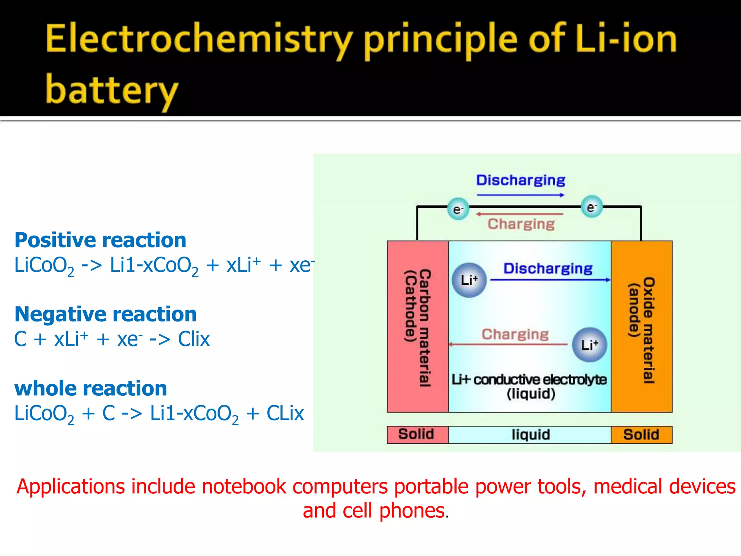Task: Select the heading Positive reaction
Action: [100, 240]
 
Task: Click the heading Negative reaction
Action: [105, 314]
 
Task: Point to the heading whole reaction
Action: [90, 388]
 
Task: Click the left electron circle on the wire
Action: [458, 209]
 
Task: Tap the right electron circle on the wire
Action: [591, 207]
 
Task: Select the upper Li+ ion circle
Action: [469, 280]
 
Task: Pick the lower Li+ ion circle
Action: [589, 345]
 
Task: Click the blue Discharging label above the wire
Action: [520, 180]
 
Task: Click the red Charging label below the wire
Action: [521, 224]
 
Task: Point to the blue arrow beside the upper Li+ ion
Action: [550, 280]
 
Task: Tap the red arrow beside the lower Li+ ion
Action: [508, 344]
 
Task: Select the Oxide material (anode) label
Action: [642, 329]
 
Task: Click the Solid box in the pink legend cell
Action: [416, 434]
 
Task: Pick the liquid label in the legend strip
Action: [530, 434]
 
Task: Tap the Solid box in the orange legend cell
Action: [641, 434]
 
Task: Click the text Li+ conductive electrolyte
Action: [529, 380]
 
